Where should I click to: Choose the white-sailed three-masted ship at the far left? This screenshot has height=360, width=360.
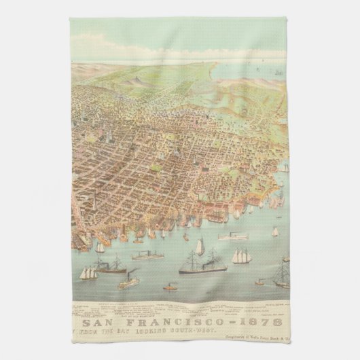88,272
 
